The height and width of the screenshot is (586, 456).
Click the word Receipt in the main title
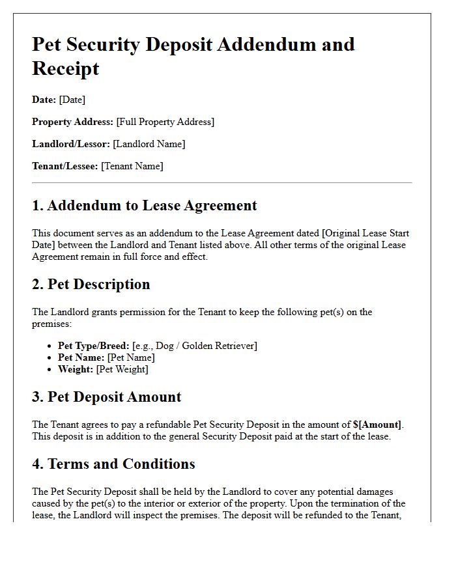(66, 68)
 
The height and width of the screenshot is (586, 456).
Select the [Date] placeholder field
(72, 100)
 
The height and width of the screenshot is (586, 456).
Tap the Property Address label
(73, 122)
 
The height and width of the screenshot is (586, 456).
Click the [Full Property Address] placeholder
(165, 122)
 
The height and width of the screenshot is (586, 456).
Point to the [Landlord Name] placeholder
(149, 144)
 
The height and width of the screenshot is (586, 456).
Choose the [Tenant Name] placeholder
(132, 166)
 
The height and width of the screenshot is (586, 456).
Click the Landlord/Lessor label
(71, 144)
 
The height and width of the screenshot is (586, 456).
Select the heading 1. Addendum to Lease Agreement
(144, 206)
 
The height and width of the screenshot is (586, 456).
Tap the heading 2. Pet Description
(91, 285)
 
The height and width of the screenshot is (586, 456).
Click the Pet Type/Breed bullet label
(94, 346)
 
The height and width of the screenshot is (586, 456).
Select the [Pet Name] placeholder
(131, 357)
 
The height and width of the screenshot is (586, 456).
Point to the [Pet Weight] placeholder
(122, 369)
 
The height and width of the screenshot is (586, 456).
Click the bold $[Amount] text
(377, 425)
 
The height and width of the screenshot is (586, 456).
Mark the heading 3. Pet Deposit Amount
(107, 397)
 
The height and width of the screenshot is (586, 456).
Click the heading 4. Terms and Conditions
(113, 464)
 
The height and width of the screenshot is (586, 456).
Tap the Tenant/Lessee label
(65, 166)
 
